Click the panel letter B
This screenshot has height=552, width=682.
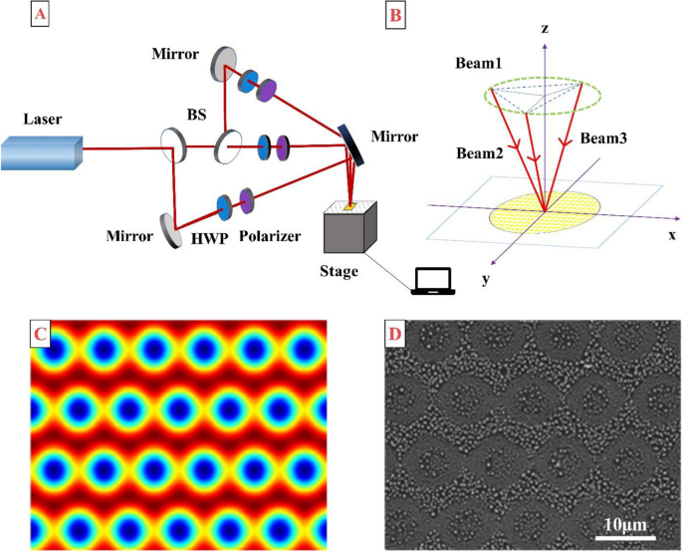(x=394, y=15)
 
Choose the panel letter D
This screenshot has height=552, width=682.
(x=396, y=333)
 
